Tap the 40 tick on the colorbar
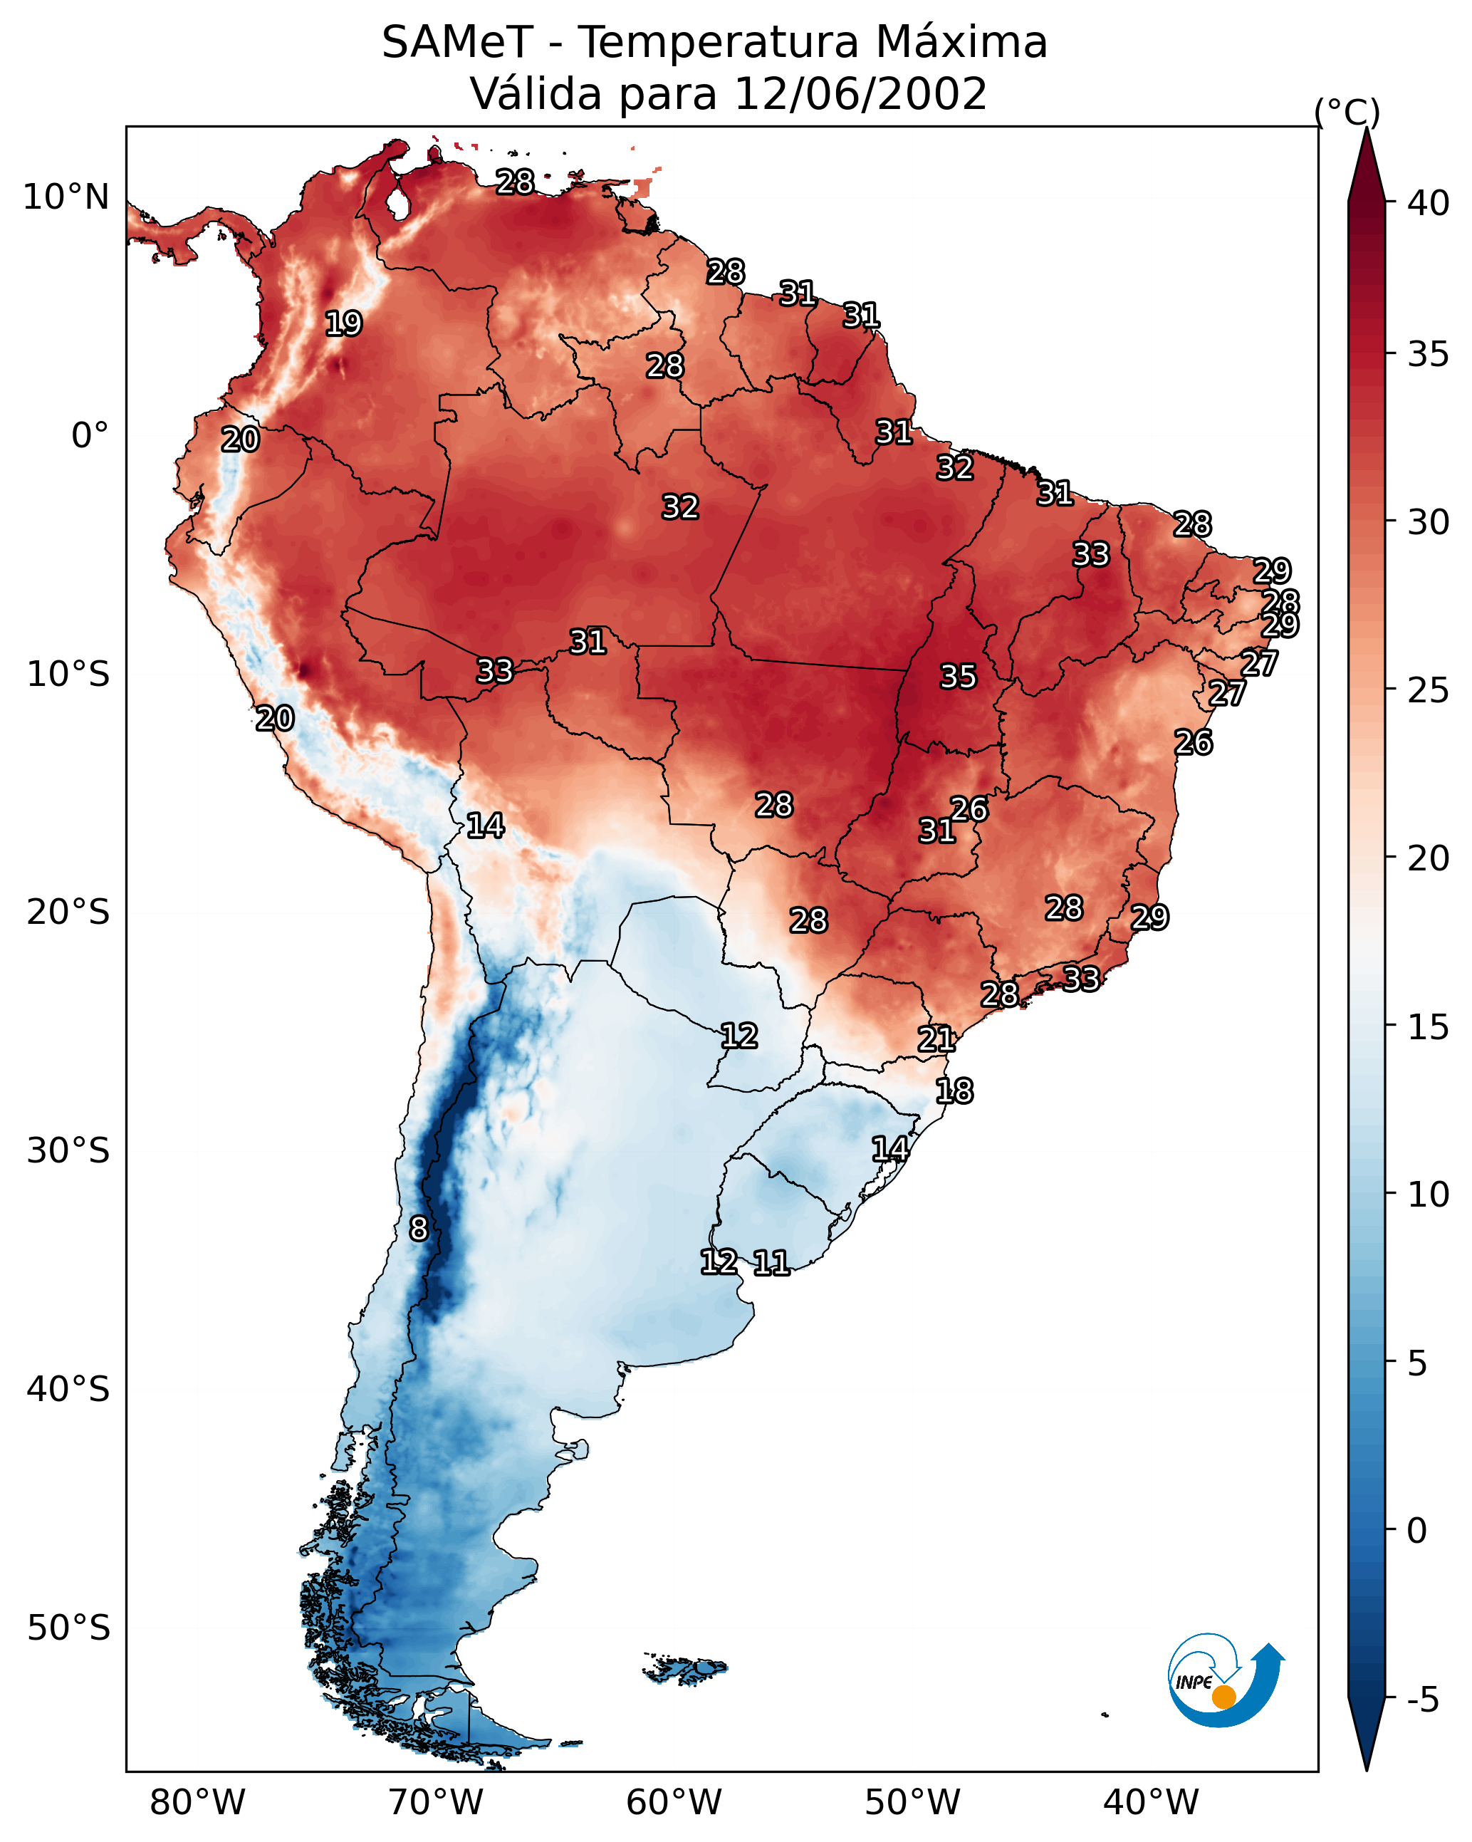[1429, 203]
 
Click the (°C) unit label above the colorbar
[1347, 112]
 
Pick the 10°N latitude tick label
[66, 197]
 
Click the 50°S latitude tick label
[68, 1628]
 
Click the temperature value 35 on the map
[958, 677]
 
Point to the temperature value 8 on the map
[418, 1229]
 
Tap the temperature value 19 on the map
[343, 324]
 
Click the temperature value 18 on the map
[954, 1091]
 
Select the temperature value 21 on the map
[936, 1039]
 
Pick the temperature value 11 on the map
[771, 1263]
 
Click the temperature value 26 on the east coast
[1193, 742]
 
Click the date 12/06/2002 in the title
[860, 94]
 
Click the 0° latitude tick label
[90, 436]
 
